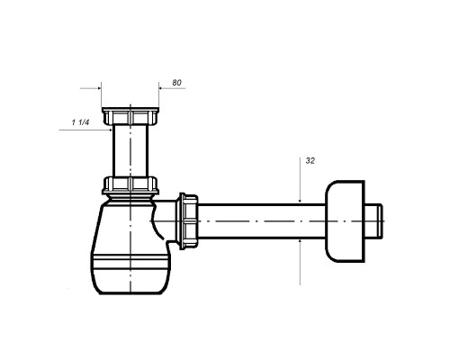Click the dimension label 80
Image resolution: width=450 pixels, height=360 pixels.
[176, 83]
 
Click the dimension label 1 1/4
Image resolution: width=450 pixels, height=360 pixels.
[80, 122]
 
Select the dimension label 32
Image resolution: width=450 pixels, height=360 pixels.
[310, 161]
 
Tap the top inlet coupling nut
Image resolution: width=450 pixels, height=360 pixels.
[130, 116]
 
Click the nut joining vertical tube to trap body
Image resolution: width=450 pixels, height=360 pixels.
[130, 185]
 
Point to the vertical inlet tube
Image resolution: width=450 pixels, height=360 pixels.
[130, 150]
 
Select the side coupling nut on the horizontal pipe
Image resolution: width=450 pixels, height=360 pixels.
[188, 221]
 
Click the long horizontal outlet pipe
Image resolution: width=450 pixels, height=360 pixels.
[262, 221]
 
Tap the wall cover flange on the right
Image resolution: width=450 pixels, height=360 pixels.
[345, 221]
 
